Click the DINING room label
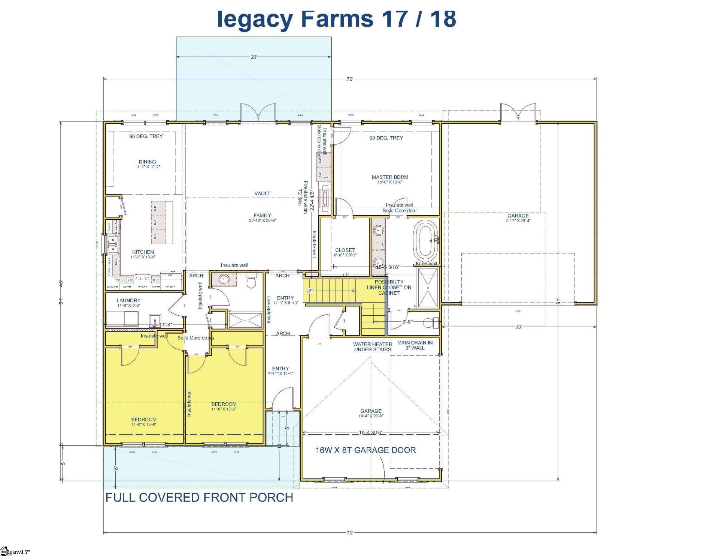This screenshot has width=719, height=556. pos(147,162)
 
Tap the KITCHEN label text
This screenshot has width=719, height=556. pos(143,252)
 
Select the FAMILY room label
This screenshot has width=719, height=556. pos(262,216)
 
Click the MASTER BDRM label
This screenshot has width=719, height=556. pos(390,177)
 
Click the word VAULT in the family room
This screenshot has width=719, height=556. pos(262,193)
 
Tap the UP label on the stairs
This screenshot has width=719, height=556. pos(310,291)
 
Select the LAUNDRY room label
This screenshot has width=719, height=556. pos(128,300)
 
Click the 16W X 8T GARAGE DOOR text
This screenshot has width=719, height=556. pos(365,450)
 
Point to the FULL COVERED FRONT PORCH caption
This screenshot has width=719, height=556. pos(199,498)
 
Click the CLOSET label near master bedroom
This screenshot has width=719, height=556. pos(345,250)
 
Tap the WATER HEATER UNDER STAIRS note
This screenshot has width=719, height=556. pos(373,347)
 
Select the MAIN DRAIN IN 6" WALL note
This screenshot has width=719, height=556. pos(415,345)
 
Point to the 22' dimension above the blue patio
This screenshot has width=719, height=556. pos(254,57)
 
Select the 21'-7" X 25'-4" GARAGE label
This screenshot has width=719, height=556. pos(518,218)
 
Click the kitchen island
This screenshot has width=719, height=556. pos(162,222)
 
